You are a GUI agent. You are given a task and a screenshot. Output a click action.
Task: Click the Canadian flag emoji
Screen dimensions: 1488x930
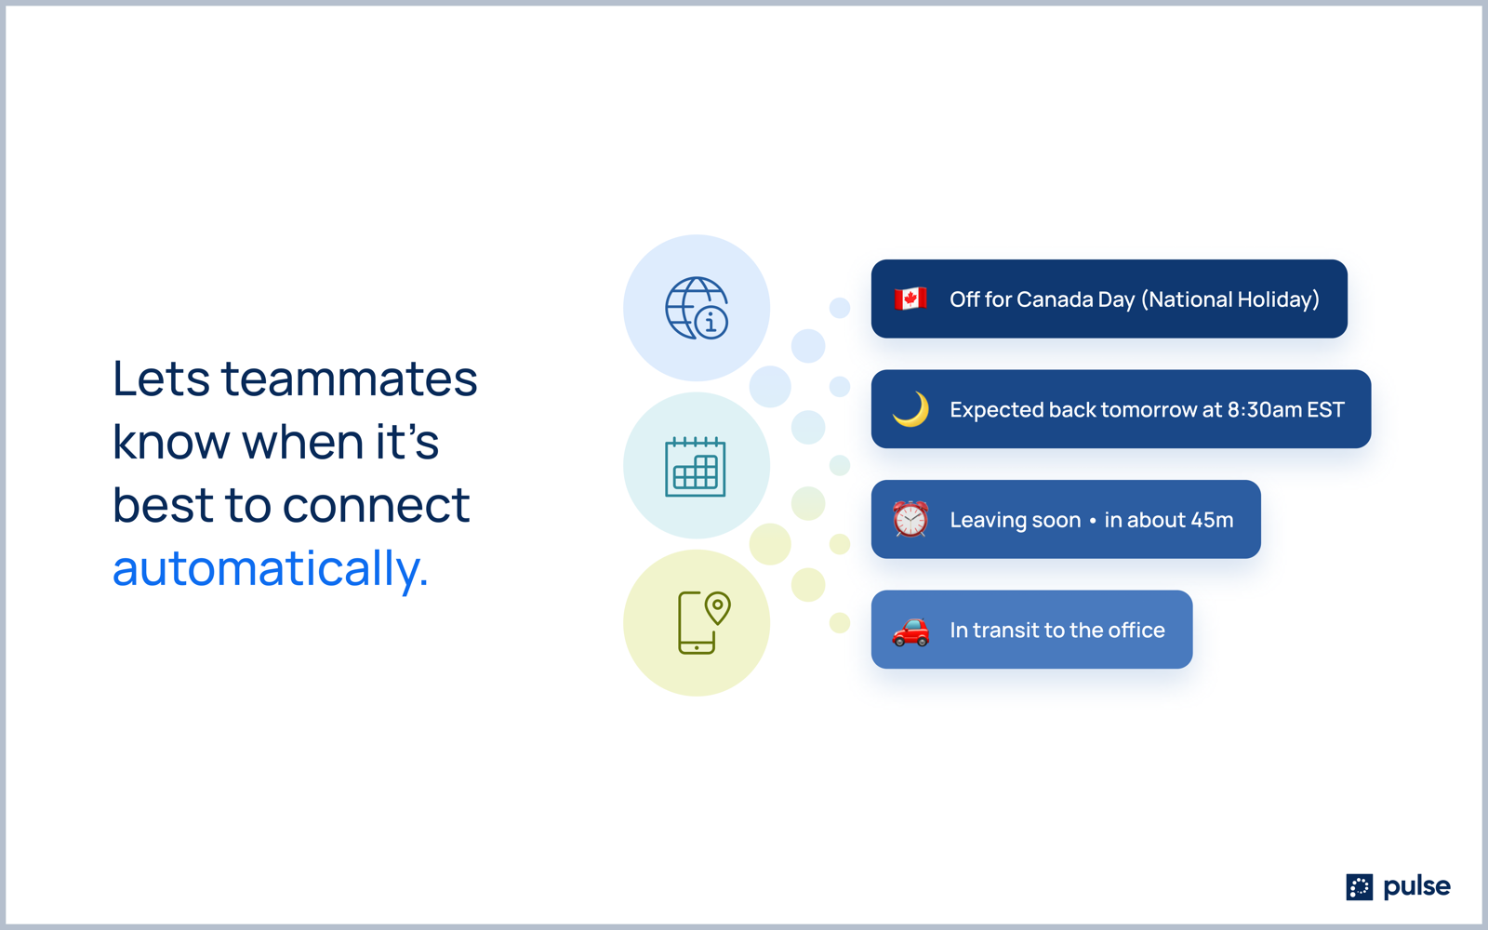click(910, 299)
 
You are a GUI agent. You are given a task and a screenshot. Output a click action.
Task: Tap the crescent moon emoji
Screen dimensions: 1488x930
click(910, 409)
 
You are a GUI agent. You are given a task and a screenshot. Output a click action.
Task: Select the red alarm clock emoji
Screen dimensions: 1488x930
click(910, 519)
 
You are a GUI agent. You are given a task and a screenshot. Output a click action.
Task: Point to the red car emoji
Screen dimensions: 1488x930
click(910, 631)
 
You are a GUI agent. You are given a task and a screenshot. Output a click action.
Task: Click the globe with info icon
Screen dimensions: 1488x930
click(697, 308)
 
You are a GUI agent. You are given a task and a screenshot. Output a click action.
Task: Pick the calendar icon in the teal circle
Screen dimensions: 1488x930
click(696, 466)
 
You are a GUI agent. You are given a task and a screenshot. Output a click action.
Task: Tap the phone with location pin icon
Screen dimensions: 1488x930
click(703, 622)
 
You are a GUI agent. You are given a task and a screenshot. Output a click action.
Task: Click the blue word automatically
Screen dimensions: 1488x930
click(271, 568)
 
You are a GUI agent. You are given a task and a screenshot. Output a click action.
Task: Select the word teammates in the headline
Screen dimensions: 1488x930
click(350, 379)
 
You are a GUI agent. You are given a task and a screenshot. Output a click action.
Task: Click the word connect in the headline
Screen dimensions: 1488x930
click(377, 505)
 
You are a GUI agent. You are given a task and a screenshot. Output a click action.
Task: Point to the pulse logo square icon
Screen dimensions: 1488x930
click(1359, 887)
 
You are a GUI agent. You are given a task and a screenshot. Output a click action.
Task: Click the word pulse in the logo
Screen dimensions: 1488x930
click(1417, 887)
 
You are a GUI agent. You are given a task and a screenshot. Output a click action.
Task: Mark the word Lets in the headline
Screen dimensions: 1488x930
click(162, 379)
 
